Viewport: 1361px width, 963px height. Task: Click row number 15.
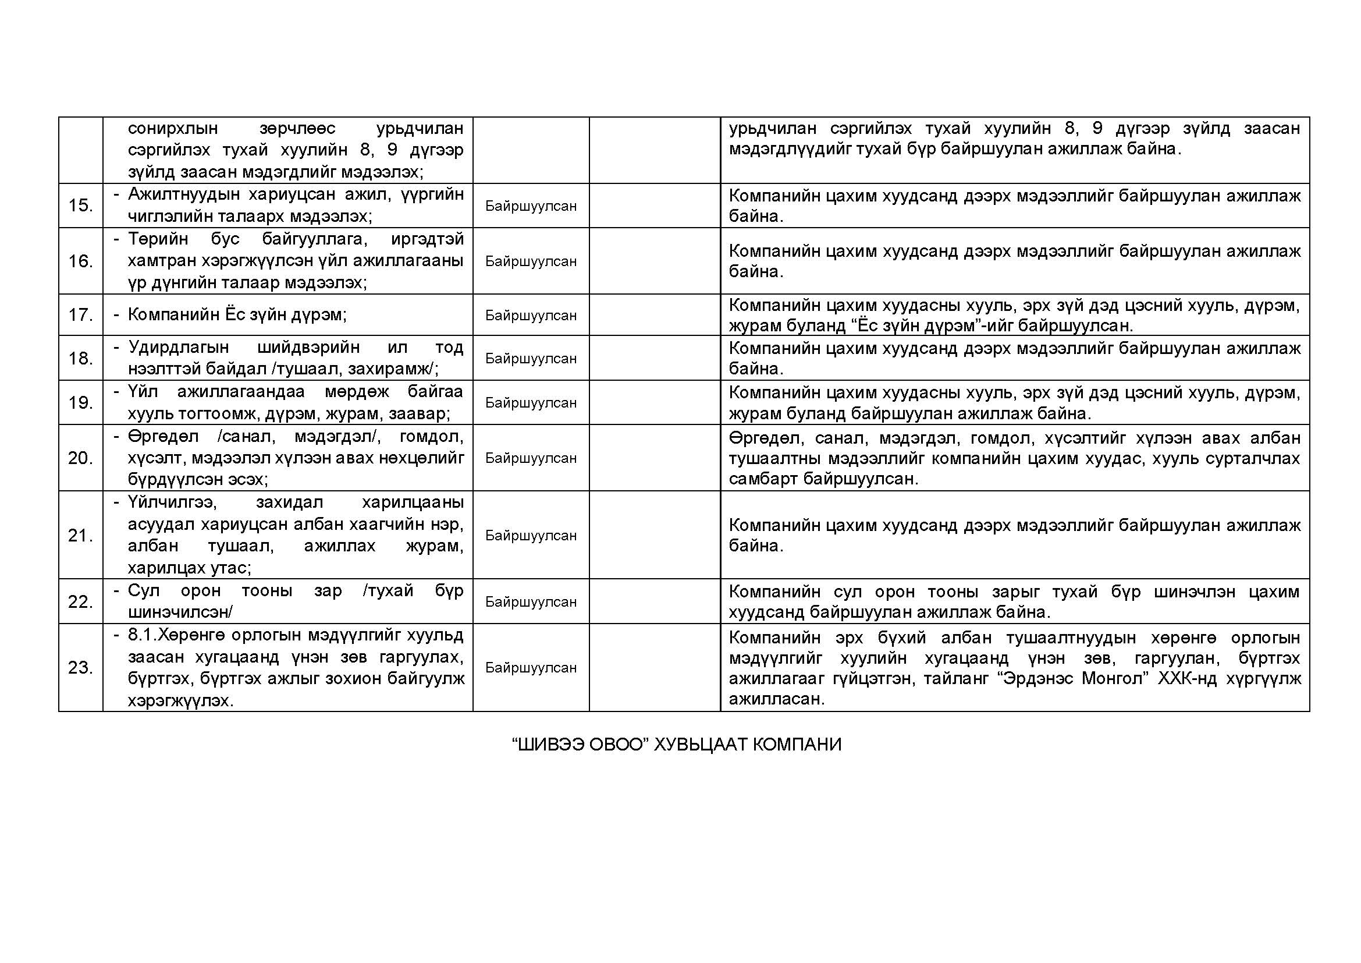point(80,206)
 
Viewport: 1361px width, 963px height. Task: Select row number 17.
point(80,315)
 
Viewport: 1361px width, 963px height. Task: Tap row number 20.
point(80,458)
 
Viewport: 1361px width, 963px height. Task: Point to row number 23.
point(80,668)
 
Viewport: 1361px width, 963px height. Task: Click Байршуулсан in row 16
point(531,261)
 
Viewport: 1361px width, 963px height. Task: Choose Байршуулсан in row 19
point(531,403)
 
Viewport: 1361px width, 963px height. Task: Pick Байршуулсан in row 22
point(531,602)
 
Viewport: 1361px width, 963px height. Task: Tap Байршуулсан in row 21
point(531,536)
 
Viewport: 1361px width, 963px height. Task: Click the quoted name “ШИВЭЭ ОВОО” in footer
point(578,745)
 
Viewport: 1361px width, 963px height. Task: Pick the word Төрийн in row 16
point(158,239)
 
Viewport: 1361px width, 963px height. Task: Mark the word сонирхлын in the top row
point(172,129)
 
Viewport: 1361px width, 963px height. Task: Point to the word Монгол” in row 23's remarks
point(1111,678)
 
